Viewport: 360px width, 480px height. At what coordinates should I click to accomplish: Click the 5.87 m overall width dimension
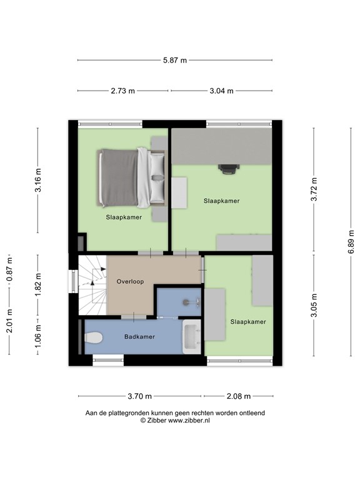[175, 60]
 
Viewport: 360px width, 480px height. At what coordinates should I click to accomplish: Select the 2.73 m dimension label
[123, 91]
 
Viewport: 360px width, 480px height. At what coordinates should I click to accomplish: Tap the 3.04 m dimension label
[221, 91]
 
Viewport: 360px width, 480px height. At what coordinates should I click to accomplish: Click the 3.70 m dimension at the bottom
[139, 396]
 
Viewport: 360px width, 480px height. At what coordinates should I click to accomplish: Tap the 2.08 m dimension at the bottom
[238, 396]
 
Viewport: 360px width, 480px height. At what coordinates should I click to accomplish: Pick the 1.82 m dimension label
[38, 284]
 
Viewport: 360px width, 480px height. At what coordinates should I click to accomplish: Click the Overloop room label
[130, 281]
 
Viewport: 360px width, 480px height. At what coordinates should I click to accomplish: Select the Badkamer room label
[139, 336]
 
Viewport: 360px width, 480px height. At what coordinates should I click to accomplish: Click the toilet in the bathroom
[93, 338]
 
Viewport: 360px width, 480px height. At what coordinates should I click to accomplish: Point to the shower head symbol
[187, 302]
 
